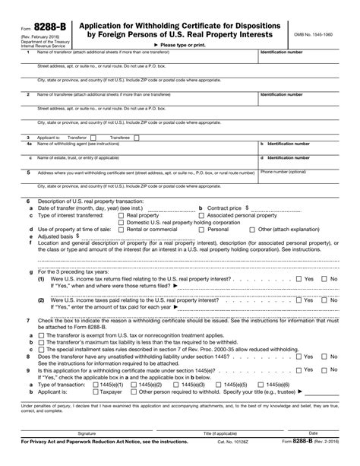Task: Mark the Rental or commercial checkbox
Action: (x=122, y=229)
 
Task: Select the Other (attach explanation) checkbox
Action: (x=254, y=229)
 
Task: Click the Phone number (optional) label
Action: (x=283, y=172)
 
